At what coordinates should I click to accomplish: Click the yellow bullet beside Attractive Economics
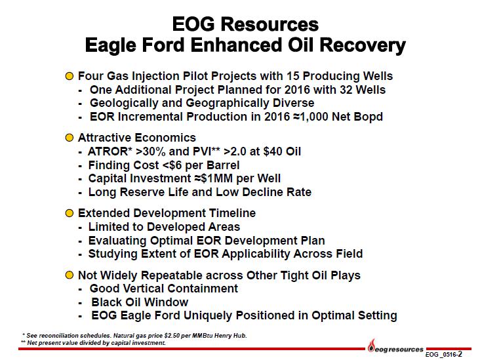click(x=70, y=138)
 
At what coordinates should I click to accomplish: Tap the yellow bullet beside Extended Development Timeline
click(x=70, y=213)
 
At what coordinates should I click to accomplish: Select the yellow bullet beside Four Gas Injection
click(x=70, y=76)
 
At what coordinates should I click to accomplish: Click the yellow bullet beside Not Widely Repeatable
click(x=70, y=275)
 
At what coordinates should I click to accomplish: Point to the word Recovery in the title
click(x=363, y=45)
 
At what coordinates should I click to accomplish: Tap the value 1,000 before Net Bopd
click(x=314, y=117)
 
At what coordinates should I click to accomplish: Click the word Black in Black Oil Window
click(x=106, y=302)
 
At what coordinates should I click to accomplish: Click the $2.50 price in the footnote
click(x=172, y=336)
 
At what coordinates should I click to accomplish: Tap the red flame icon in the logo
click(x=372, y=346)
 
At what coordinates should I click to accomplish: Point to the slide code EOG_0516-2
click(x=443, y=355)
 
